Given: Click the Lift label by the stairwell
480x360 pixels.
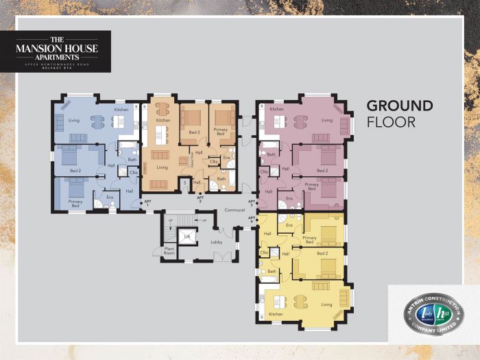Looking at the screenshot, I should [187, 237].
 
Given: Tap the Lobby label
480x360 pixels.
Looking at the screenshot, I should [217, 242].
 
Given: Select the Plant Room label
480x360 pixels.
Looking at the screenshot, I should [167, 251].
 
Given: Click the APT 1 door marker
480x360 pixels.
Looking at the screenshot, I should [145, 202].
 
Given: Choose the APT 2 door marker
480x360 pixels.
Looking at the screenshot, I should [200, 200].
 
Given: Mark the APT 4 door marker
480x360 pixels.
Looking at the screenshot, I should [251, 219].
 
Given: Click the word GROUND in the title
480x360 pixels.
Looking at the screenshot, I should [400, 106].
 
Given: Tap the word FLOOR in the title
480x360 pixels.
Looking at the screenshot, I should [391, 123].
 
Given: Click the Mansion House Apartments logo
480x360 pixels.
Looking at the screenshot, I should [62, 51].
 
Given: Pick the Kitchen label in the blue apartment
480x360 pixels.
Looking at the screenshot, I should [121, 110].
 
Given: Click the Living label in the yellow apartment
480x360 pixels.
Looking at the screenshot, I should [326, 304].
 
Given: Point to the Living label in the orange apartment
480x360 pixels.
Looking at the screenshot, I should [162, 167].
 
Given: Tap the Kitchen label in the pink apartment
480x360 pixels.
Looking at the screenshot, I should [276, 109].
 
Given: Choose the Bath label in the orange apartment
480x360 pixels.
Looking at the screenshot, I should [221, 178].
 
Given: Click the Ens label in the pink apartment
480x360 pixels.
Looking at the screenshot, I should [289, 197].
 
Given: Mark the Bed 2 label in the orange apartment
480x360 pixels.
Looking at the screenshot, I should [194, 132].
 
